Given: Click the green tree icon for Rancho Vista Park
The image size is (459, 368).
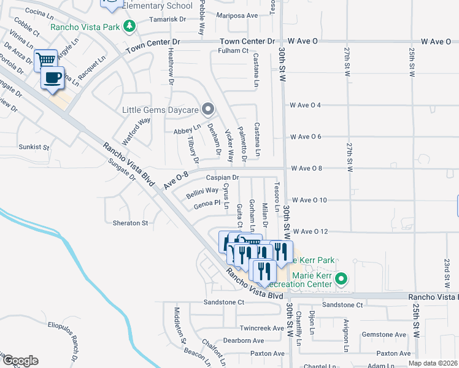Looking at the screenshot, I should point(128,25).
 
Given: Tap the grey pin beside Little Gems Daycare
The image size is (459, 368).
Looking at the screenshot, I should point(208,110).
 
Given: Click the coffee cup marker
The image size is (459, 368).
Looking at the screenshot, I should point(52,78).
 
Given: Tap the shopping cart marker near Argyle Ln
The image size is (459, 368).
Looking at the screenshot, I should point(45,60).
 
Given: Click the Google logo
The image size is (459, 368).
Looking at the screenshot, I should point(20,361).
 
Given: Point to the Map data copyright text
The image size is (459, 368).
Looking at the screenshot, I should point(433,363).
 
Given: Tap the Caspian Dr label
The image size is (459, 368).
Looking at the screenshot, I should point(222,178).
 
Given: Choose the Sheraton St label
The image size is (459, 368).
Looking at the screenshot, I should point(130,223).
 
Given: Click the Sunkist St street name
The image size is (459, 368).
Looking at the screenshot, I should point(33,147).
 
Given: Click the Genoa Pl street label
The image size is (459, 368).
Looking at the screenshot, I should point(207,203).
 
